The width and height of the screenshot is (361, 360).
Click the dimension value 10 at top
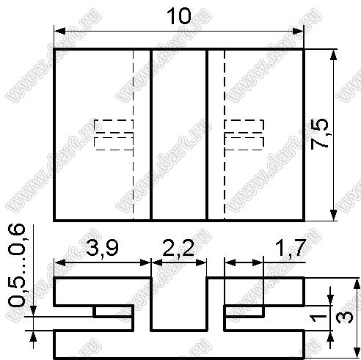coord(178,16)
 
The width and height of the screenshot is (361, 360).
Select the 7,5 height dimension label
coord(320,133)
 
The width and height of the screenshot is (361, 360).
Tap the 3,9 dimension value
coord(102,248)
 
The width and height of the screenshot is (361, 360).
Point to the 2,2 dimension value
coord(178,248)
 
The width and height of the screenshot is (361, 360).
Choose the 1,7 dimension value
coord(291,248)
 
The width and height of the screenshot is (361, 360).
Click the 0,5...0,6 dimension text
coord(17,265)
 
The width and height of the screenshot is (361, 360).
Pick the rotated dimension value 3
coord(344,317)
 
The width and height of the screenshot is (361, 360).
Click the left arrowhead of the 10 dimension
coord(59,32)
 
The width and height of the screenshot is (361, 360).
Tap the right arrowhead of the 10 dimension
coord(298,32)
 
